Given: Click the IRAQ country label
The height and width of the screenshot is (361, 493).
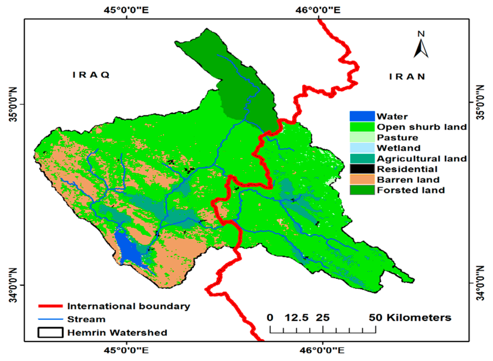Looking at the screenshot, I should [x=91, y=75].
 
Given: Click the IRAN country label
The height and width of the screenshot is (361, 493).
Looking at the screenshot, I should [x=407, y=77].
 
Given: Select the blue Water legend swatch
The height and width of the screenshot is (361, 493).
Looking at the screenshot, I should [x=362, y=116].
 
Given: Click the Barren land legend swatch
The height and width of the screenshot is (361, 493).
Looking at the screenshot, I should [x=362, y=180].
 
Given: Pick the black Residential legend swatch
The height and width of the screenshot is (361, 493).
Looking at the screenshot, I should [x=362, y=169].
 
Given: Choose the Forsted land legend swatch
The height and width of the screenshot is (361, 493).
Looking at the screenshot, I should [x=362, y=190].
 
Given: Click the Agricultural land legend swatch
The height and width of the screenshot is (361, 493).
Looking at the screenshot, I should [x=362, y=158].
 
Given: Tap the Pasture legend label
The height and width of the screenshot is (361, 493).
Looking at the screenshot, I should [x=397, y=138].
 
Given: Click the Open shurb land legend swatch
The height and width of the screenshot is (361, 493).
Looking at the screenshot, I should [x=362, y=127].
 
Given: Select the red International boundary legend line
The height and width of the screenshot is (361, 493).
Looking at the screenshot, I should [x=50, y=306].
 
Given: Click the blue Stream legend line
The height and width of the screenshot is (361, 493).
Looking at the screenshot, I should [x=50, y=319].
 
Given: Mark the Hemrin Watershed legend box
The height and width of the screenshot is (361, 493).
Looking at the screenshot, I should [x=50, y=332].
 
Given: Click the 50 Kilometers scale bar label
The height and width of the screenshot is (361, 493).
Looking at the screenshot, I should [x=410, y=317].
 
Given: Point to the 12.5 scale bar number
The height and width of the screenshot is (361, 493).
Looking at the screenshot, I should [x=296, y=317].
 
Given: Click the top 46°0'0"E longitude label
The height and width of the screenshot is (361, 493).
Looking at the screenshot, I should [x=318, y=10].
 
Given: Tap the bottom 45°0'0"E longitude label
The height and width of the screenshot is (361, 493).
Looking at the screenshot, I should [x=127, y=350].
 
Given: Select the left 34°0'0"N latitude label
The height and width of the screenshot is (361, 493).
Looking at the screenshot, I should [x=13, y=285].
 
